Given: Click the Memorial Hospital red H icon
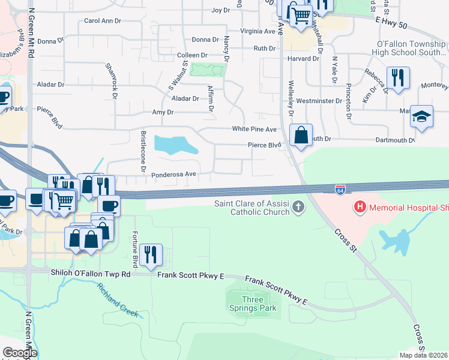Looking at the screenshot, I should tap(360, 208).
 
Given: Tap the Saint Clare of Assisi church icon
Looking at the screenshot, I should tap(299, 208).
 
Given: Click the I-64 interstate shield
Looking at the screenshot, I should tap(340, 190).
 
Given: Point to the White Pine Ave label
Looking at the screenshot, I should tap(255, 130).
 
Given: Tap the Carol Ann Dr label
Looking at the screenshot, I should tap(103, 20).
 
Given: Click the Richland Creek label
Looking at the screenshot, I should tap(118, 301).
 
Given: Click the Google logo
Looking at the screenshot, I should tap(20, 353).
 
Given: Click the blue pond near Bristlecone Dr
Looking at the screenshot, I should tap(175, 144).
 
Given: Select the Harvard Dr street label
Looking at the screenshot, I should tap(303, 59).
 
